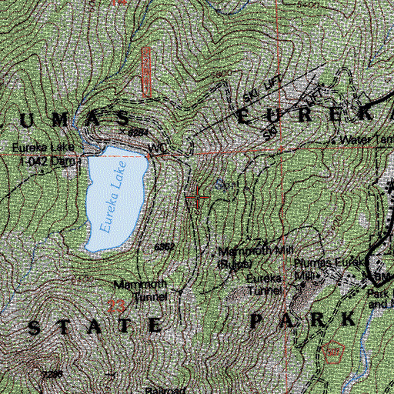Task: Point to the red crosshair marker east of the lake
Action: coord(198,199)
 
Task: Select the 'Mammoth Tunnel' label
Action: coord(139,287)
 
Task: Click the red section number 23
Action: coord(116,306)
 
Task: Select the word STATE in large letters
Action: coord(95,326)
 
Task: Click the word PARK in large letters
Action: coord(302,319)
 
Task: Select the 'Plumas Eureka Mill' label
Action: coord(317,266)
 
